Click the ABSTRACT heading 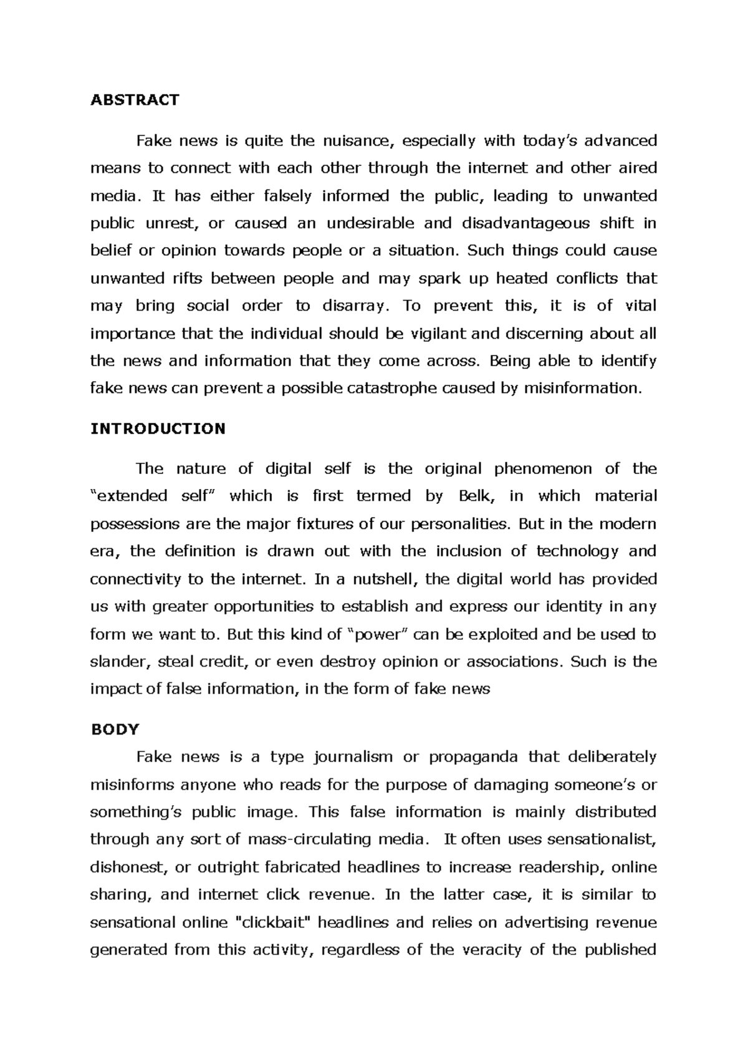[x=135, y=100]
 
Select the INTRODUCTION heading [x=158, y=428]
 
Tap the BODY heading [x=115, y=729]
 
